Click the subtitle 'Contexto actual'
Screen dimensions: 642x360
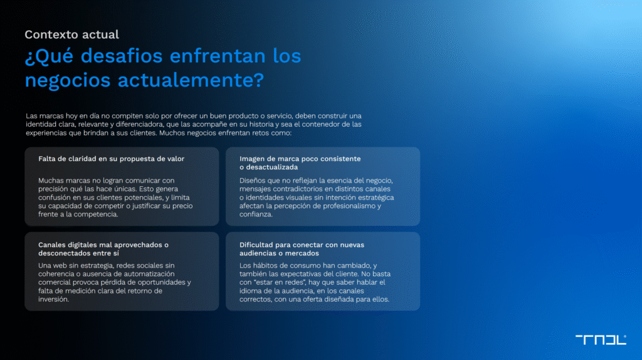[71, 34]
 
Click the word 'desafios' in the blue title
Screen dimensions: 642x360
[122, 56]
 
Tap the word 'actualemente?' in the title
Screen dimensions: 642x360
[191, 80]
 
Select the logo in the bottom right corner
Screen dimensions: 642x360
[601, 339]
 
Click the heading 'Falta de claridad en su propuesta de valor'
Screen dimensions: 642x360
[112, 159]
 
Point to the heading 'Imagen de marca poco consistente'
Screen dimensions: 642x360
[300, 159]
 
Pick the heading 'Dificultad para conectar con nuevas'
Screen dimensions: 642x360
[302, 245]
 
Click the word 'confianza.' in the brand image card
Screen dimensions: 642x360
[256, 214]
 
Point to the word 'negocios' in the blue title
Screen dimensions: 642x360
[68, 80]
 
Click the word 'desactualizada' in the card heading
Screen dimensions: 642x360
[272, 167]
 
